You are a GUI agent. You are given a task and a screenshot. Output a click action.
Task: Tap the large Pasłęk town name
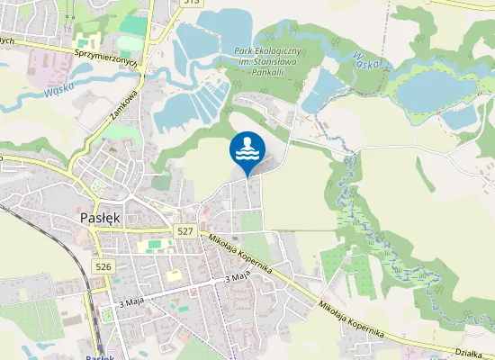pos(101,219)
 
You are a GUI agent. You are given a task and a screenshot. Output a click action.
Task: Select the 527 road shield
pos(185,231)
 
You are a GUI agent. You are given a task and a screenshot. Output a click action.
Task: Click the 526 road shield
pos(103,266)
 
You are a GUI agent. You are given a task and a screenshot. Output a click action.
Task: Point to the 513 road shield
pos(189,3)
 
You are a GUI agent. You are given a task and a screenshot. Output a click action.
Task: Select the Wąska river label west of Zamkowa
pos(58,91)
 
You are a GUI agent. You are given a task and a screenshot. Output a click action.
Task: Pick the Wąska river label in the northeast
pos(370,61)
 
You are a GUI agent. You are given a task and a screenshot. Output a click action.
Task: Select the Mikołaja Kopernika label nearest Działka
pos(352,319)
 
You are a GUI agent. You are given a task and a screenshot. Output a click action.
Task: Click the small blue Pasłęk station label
pos(100,356)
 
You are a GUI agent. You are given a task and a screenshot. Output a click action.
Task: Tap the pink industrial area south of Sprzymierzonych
pos(45,63)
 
